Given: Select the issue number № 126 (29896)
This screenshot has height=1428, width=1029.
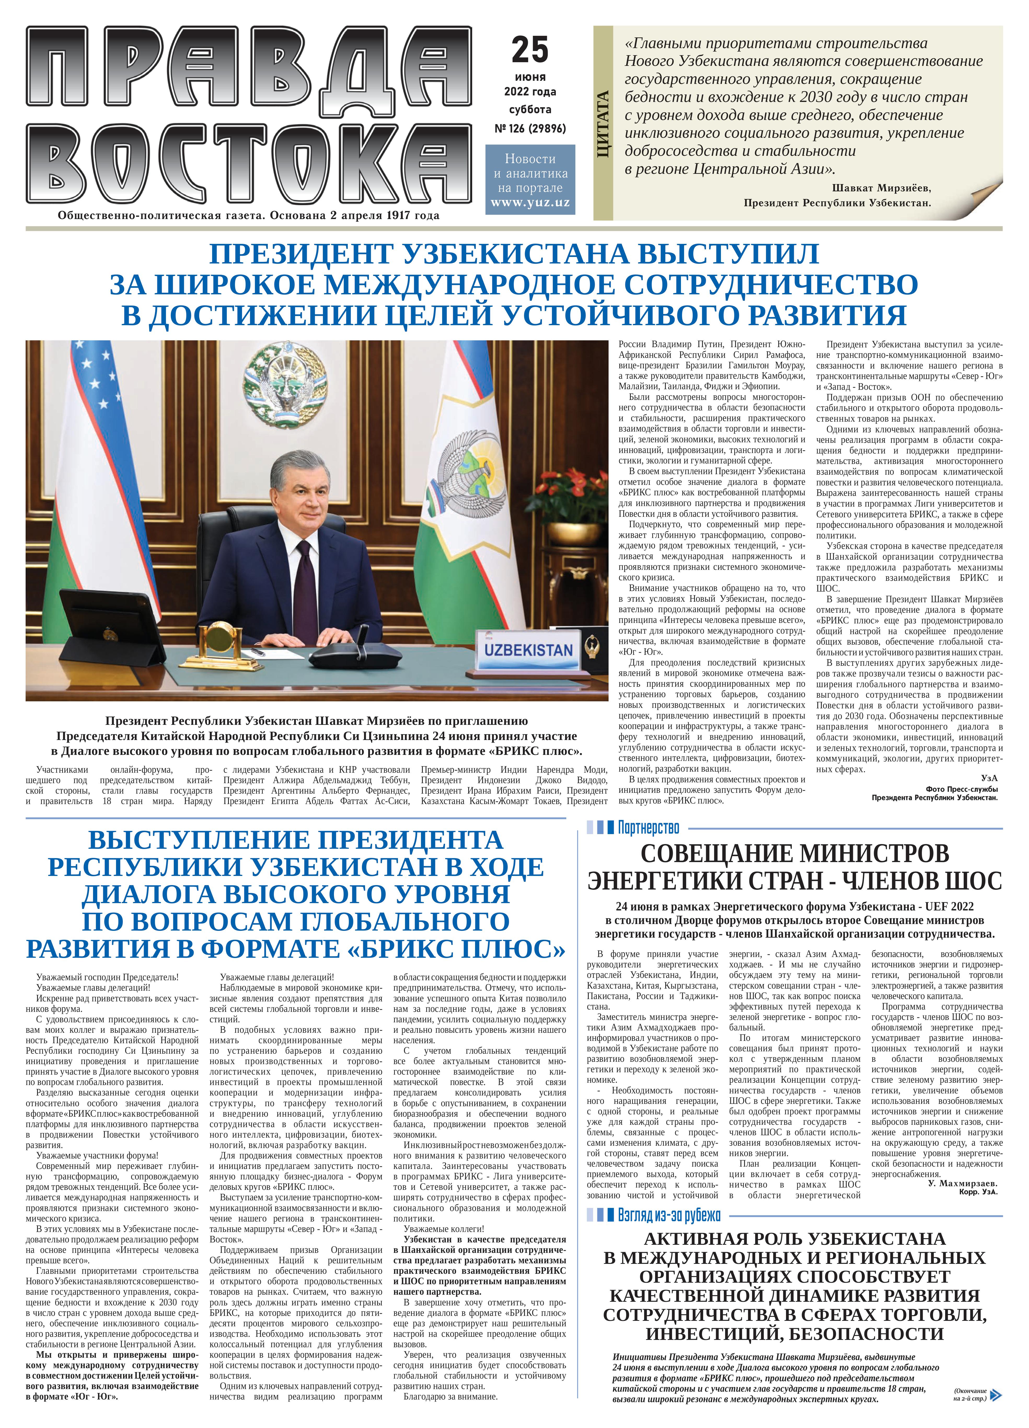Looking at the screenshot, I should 530,128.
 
